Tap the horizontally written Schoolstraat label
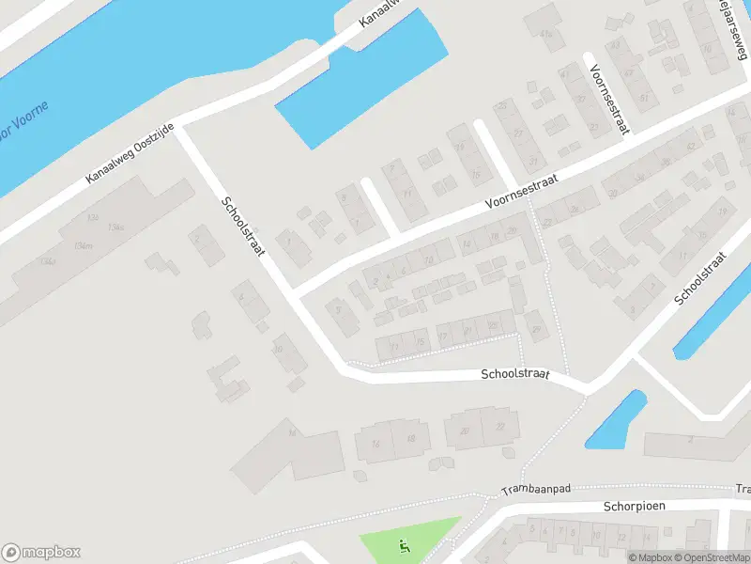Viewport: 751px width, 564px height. coord(513,373)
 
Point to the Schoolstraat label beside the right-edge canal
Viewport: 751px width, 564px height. coord(702,278)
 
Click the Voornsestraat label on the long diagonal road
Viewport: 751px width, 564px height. coord(522,190)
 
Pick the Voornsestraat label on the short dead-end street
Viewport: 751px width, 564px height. coord(609,100)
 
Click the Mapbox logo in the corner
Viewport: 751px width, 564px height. coord(40,553)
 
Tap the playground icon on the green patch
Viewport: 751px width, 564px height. coord(405,544)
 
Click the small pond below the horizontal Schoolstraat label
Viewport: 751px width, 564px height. coord(616,419)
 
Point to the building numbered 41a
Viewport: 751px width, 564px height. coord(547,35)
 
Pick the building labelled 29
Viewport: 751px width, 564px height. coord(537,329)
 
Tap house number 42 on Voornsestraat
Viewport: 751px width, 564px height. coord(691,146)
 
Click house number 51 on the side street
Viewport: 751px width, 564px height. coord(644,98)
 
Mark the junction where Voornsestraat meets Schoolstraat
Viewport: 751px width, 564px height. coord(295,290)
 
